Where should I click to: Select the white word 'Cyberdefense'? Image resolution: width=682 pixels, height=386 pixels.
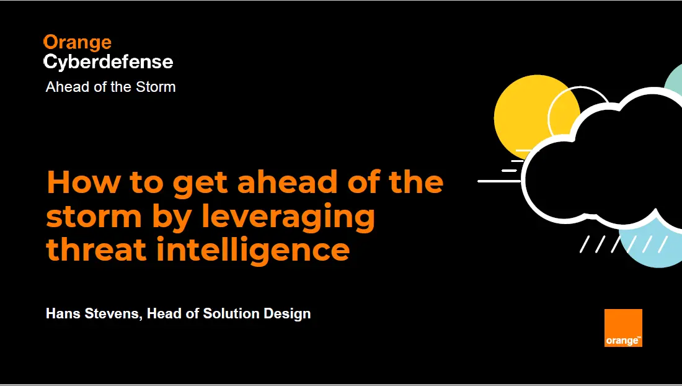tap(108, 63)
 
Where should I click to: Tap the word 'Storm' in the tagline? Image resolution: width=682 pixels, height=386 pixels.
tap(156, 87)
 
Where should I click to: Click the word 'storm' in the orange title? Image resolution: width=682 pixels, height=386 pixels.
tap(94, 217)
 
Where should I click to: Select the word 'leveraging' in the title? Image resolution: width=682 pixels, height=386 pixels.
tap(288, 217)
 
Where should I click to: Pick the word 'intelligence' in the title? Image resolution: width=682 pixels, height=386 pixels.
tap(253, 250)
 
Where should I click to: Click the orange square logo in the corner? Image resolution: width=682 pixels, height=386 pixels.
tap(623, 328)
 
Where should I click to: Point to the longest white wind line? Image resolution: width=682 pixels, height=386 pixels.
tap(499, 181)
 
